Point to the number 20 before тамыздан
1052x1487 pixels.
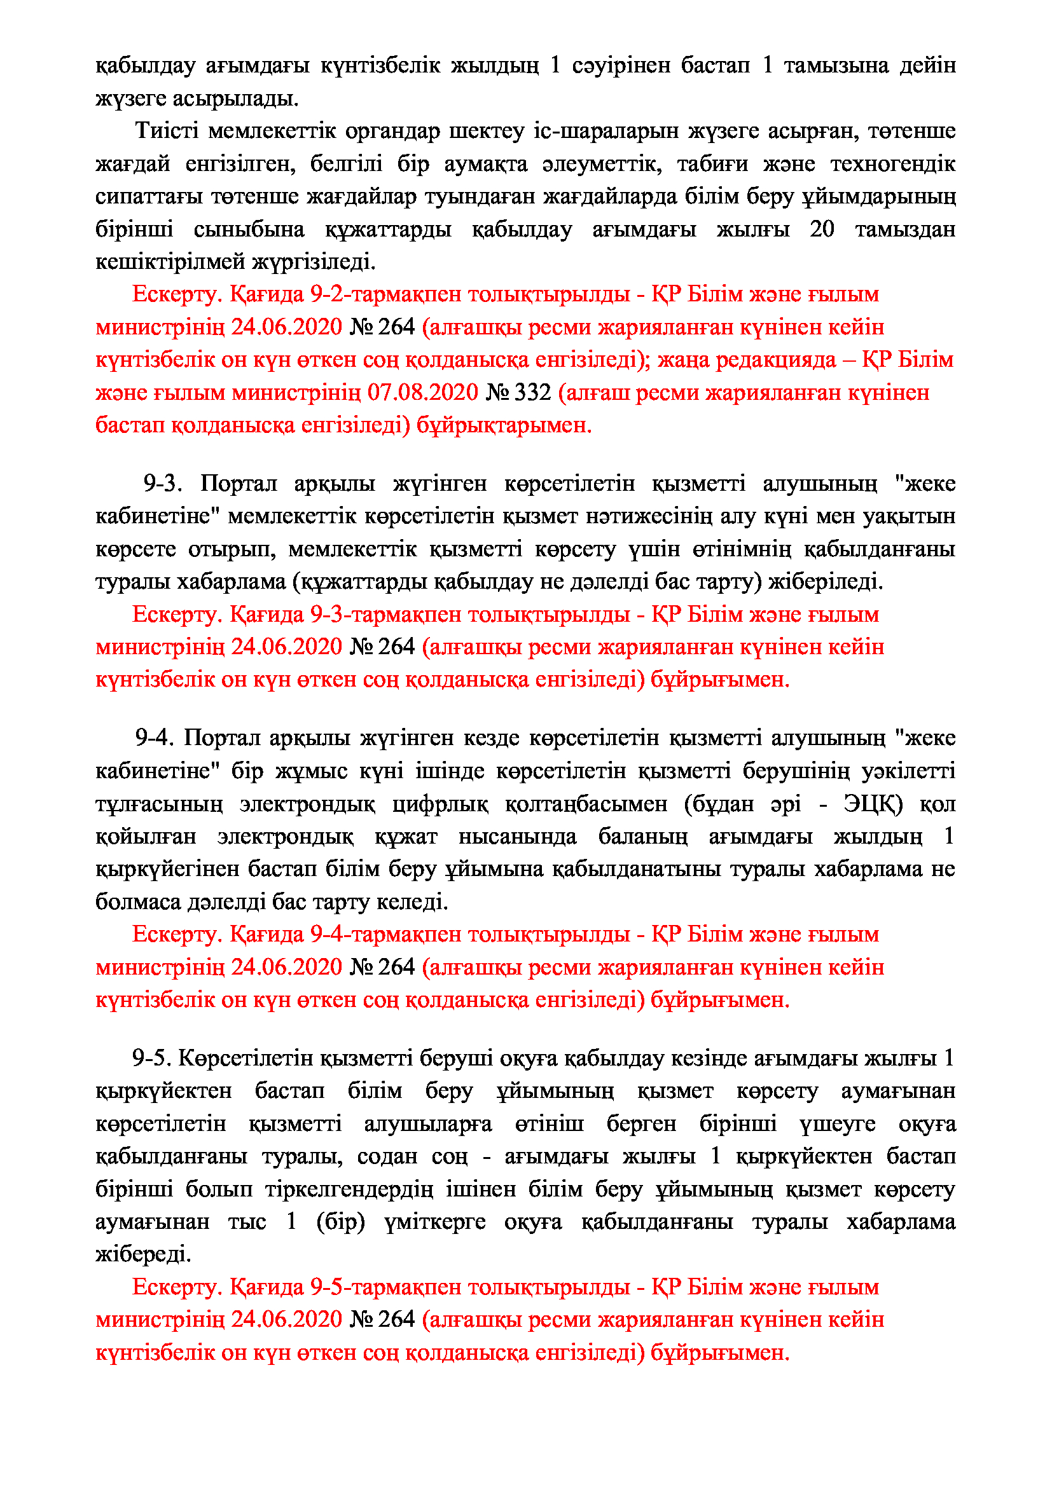(821, 230)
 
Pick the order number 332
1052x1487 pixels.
(532, 392)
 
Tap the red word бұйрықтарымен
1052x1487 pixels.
(504, 425)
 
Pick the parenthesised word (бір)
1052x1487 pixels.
(341, 1221)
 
